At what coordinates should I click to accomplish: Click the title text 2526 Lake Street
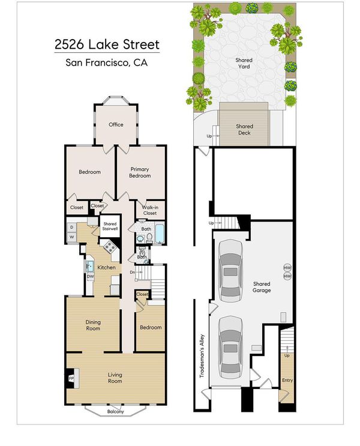pyautogui.click(x=107, y=45)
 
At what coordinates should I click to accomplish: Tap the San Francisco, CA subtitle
pyautogui.click(x=107, y=62)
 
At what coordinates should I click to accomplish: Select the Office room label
pyautogui.click(x=116, y=125)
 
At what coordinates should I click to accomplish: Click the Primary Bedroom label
pyautogui.click(x=140, y=172)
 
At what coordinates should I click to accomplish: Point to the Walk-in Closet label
pyautogui.click(x=150, y=210)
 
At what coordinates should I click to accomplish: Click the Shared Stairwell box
pyautogui.click(x=110, y=226)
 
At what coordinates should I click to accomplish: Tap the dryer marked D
pyautogui.click(x=72, y=228)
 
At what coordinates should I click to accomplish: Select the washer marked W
pyautogui.click(x=72, y=237)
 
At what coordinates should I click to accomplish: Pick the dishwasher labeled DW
pyautogui.click(x=90, y=277)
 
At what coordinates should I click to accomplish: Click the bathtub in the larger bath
pyautogui.click(x=159, y=234)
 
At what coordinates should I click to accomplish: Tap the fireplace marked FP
pyautogui.click(x=71, y=378)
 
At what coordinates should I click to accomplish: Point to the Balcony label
pyautogui.click(x=115, y=411)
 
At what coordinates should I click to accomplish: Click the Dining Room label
pyautogui.click(x=93, y=325)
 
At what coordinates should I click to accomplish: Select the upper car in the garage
pyautogui.click(x=230, y=271)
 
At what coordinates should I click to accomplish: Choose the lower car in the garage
pyautogui.click(x=230, y=348)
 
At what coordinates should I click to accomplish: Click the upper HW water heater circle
pyautogui.click(x=287, y=268)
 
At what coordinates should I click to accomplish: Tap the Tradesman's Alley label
pyautogui.click(x=202, y=356)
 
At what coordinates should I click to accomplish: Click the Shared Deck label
pyautogui.click(x=244, y=130)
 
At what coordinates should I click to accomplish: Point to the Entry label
pyautogui.click(x=287, y=381)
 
